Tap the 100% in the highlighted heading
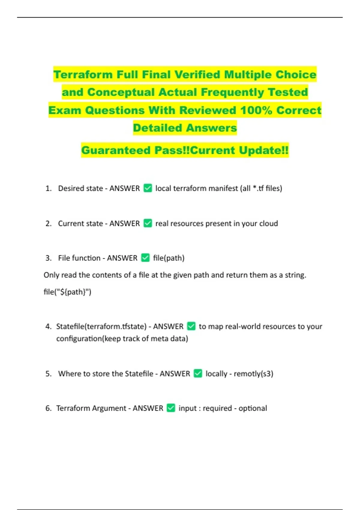pyautogui.click(x=256, y=110)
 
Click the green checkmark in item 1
pyautogui.click(x=148, y=188)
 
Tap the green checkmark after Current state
pyautogui.click(x=148, y=223)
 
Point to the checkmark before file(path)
pyautogui.click(x=145, y=258)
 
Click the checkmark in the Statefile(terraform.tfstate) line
pyautogui.click(x=191, y=326)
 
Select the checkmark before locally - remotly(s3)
pyautogui.click(x=198, y=373)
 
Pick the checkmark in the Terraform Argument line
pyautogui.click(x=171, y=408)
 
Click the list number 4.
pyautogui.click(x=48, y=326)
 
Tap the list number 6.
pyautogui.click(x=48, y=408)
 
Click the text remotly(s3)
pyautogui.click(x=253, y=374)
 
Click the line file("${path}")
pyautogui.click(x=67, y=292)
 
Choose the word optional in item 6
pyautogui.click(x=253, y=408)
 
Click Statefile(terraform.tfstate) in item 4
pyautogui.click(x=101, y=326)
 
